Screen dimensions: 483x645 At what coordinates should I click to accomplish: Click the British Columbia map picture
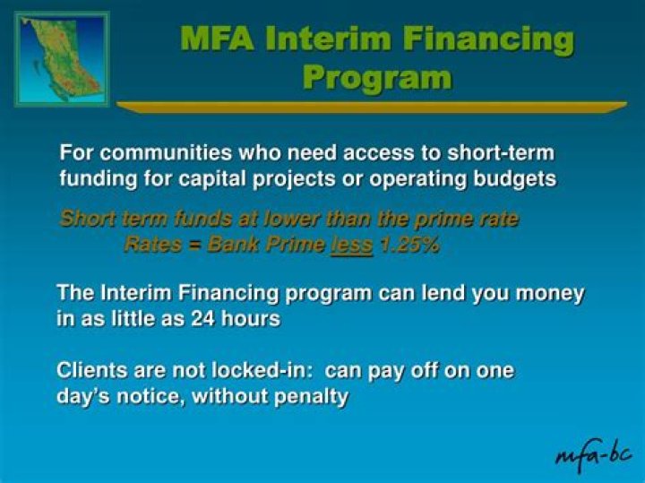(x=61, y=59)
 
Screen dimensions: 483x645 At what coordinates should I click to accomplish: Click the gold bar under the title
(x=371, y=107)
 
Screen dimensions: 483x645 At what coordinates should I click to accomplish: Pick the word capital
(x=223, y=178)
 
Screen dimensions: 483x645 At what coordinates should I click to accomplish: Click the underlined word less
(x=351, y=245)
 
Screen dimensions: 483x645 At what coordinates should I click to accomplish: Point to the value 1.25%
(x=408, y=245)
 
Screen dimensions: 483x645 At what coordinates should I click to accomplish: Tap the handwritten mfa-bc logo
(x=594, y=453)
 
